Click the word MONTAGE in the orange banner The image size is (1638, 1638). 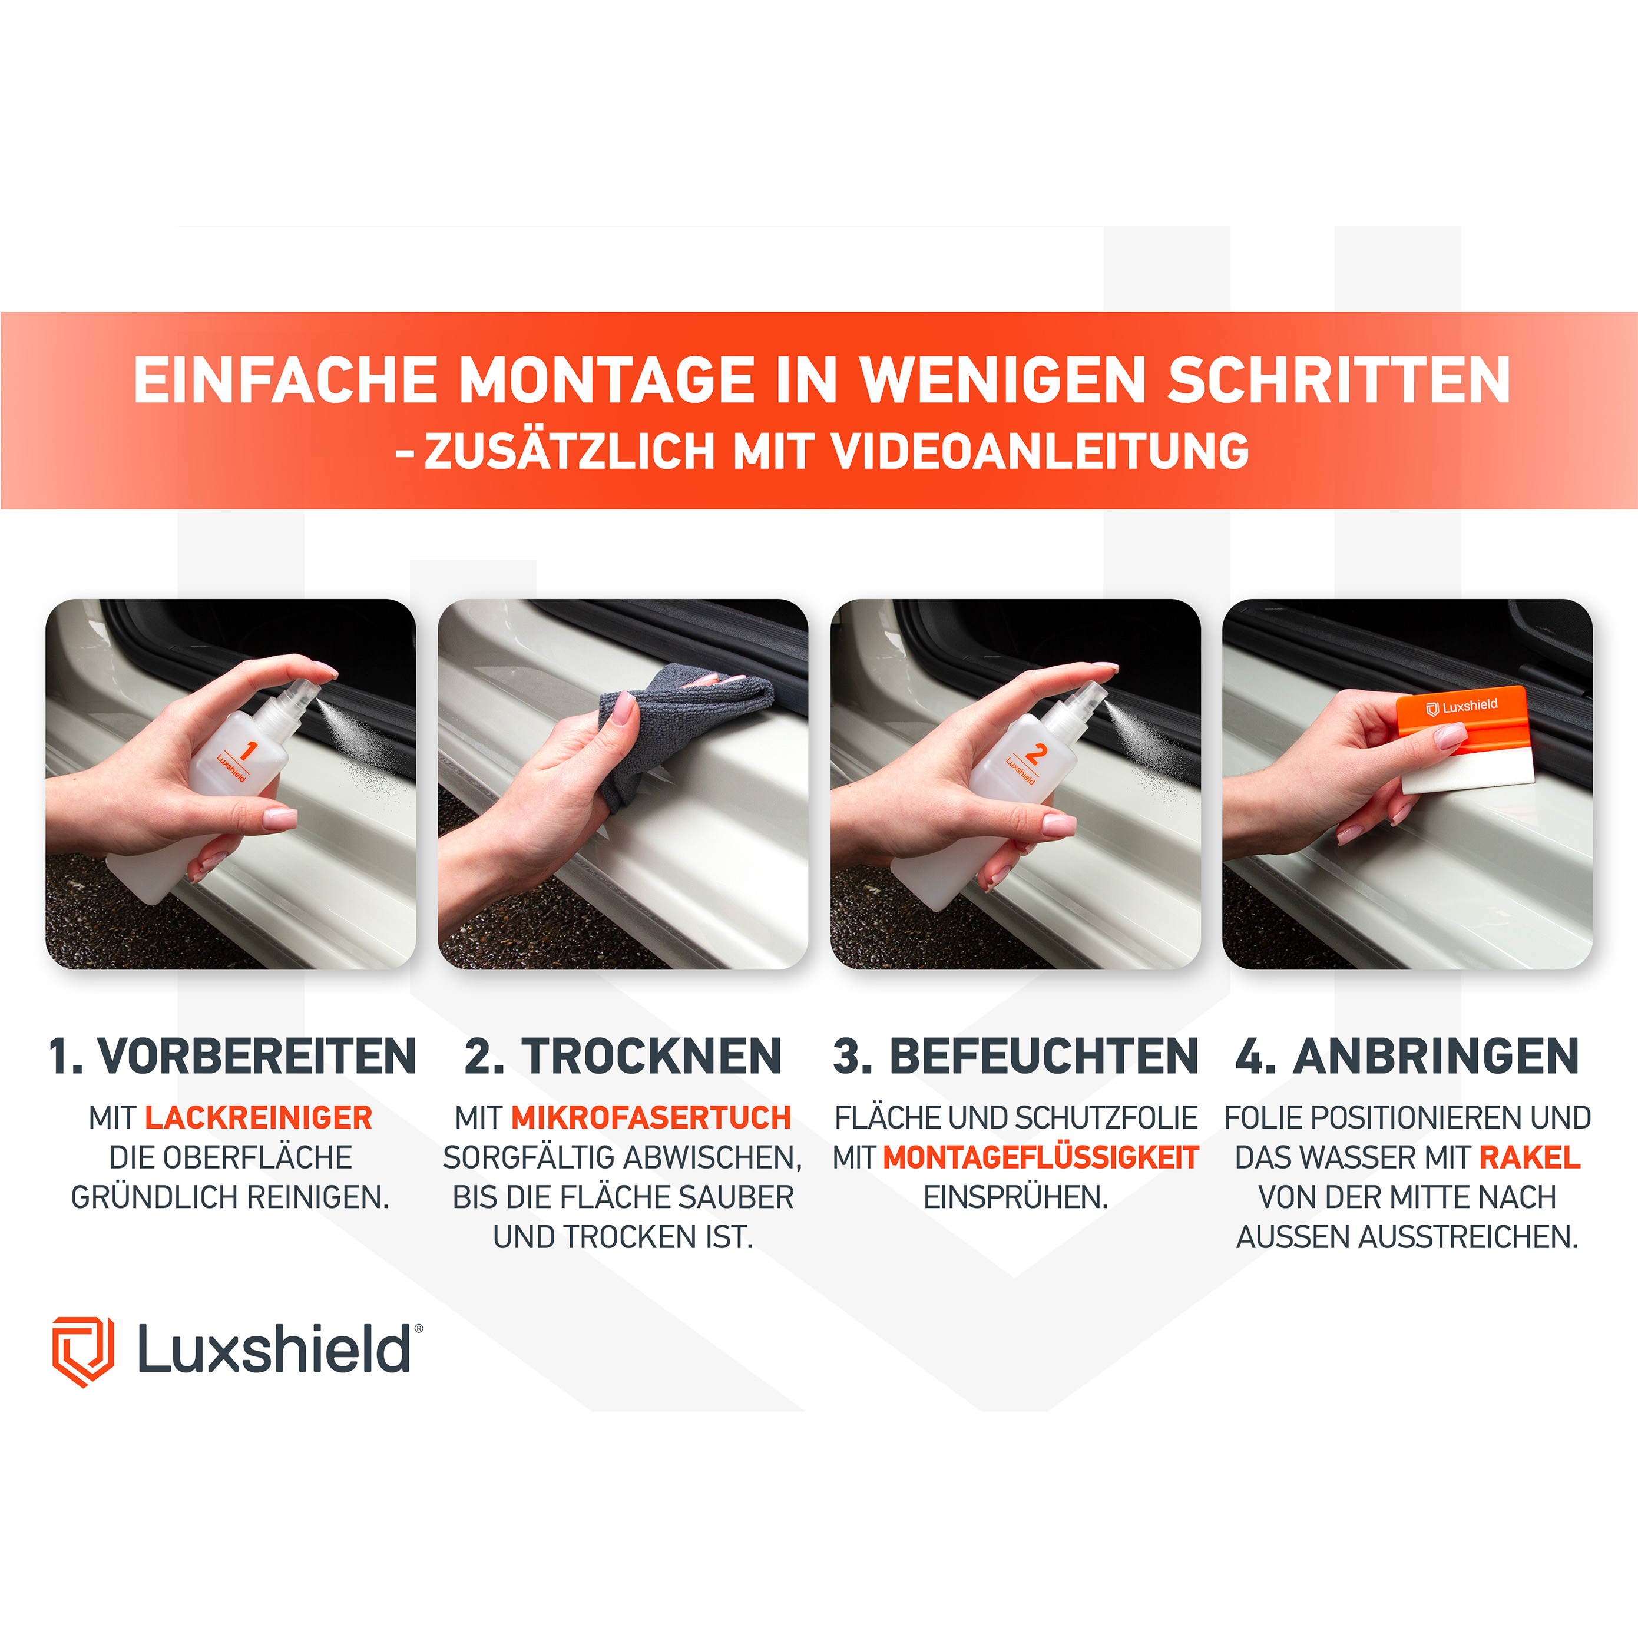606,380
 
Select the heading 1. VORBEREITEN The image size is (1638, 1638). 231,1057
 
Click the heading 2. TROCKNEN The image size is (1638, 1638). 623,1057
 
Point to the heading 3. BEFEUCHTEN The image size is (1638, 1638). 1015,1057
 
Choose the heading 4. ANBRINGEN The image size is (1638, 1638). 1407,1057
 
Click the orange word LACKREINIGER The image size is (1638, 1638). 259,1117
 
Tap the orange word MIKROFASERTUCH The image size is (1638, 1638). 651,1117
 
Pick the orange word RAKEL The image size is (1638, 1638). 1530,1157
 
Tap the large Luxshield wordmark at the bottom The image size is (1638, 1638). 274,1350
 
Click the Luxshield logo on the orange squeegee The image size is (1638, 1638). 1462,706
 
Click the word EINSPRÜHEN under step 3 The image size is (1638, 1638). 1015,1197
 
